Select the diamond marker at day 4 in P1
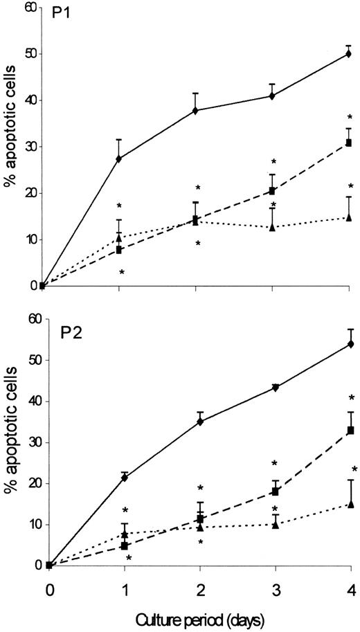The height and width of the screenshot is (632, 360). point(349,53)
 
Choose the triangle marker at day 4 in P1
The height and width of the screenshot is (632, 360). point(349,217)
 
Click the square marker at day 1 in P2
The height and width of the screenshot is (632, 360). point(125,545)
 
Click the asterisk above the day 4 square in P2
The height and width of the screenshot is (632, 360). point(351,397)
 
